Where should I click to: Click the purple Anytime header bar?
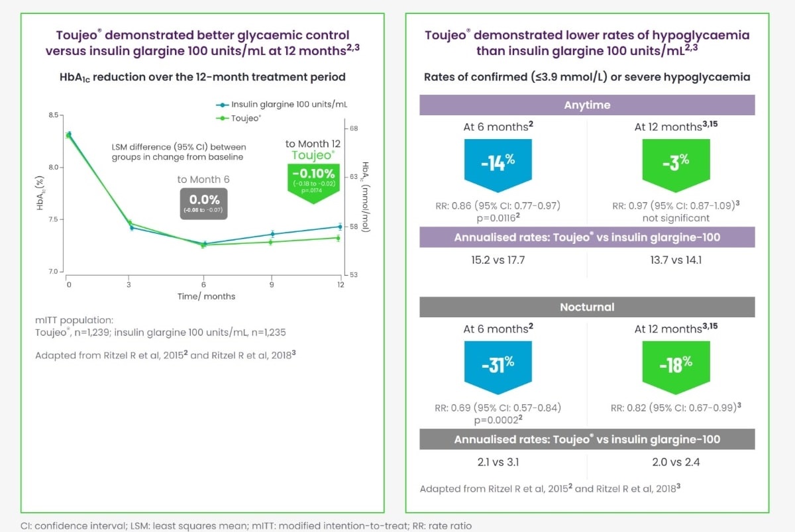click(x=587, y=105)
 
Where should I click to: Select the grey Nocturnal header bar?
click(x=587, y=307)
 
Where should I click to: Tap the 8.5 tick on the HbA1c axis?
click(x=53, y=115)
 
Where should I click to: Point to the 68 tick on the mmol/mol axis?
click(x=353, y=128)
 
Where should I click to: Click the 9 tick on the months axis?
click(x=271, y=285)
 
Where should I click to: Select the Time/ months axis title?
click(x=206, y=296)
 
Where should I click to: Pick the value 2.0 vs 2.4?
click(x=674, y=462)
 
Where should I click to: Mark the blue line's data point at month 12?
click(x=339, y=227)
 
